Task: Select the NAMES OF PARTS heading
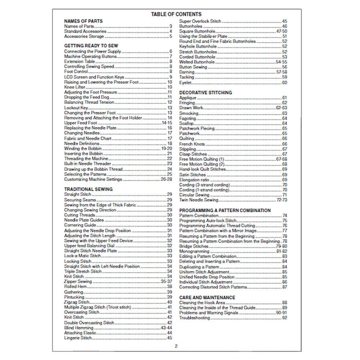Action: coord(84,22)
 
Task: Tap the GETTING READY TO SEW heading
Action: coord(91,45)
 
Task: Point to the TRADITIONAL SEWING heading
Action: coord(88,189)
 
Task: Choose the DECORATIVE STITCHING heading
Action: coord(205,92)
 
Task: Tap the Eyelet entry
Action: coord(185,83)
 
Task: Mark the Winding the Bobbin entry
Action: coord(82,148)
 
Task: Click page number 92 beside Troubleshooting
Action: coord(285,318)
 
